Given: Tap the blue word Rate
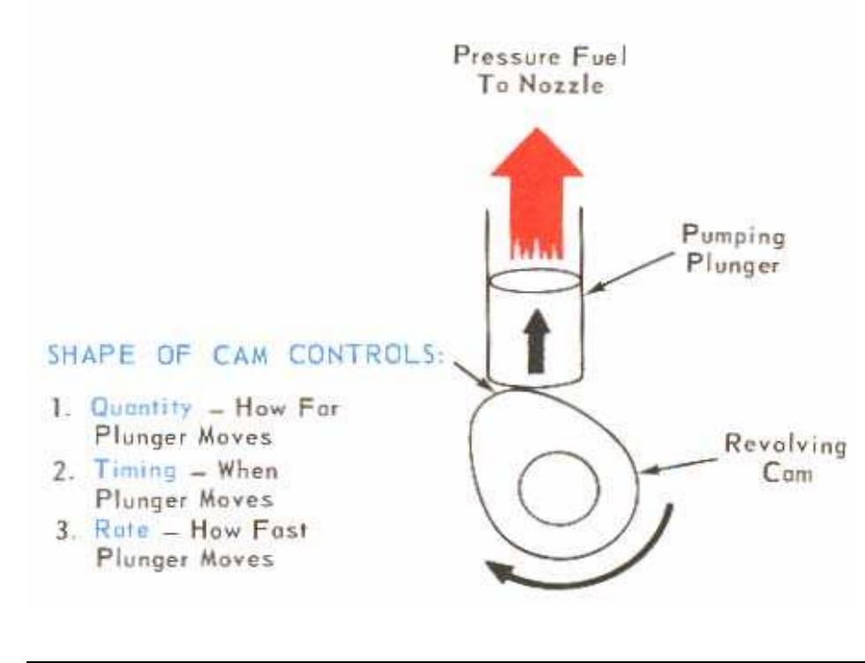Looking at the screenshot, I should (x=110, y=533).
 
